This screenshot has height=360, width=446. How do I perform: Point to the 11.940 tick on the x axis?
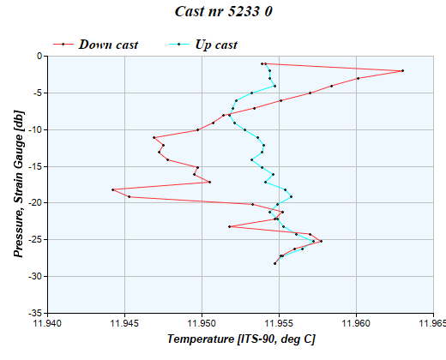[x=48, y=323]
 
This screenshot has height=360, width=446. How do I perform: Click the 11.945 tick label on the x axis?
[x=125, y=323]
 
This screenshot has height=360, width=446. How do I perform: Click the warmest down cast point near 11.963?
[x=402, y=71]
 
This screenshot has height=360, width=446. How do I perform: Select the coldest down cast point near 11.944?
[x=113, y=189]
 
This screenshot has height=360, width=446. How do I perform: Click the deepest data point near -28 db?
[x=274, y=263]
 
